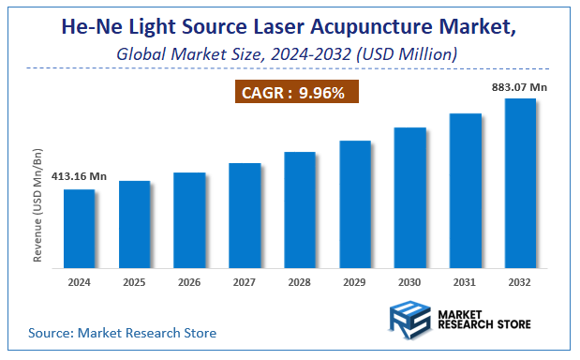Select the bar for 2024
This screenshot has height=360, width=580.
click(80, 228)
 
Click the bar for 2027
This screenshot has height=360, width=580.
click(245, 215)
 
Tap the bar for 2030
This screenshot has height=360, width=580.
click(410, 197)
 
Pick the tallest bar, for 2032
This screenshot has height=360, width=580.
click(520, 182)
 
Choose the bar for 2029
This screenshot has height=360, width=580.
click(355, 203)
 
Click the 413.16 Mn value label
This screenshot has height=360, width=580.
click(79, 175)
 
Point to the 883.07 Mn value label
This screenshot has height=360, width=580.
click(520, 87)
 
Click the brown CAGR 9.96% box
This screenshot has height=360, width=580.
click(296, 93)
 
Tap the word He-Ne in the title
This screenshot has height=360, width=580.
click(91, 28)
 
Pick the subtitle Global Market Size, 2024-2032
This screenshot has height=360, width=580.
click(287, 54)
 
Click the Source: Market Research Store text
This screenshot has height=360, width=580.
click(122, 332)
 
